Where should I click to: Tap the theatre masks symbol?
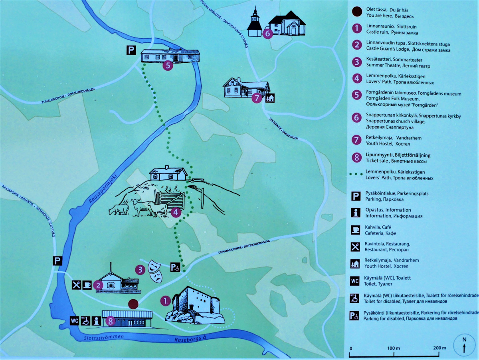point(155,271)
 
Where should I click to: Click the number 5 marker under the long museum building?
point(168,66)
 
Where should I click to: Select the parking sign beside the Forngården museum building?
point(131,50)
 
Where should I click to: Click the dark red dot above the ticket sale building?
point(134,304)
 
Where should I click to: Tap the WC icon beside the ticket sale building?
point(75,320)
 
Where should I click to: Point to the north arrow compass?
point(464,344)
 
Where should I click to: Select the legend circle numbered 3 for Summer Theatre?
point(355,62)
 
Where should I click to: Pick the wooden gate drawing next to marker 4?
point(171,200)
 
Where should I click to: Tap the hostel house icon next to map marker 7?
point(270,97)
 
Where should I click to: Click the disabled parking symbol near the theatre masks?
point(175,267)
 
